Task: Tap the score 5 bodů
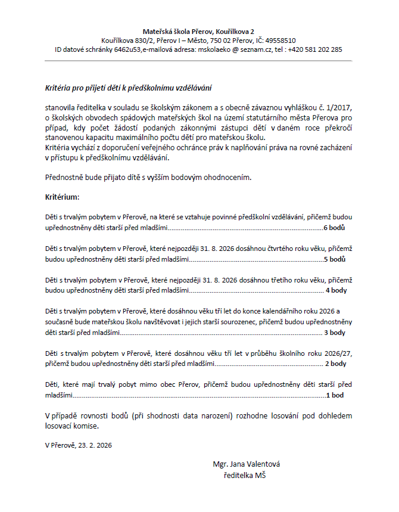pyautogui.click(x=335, y=259)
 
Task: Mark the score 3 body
pyautogui.click(x=335, y=332)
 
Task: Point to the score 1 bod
pyautogui.click(x=336, y=395)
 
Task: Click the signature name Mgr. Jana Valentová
pyautogui.click(x=246, y=464)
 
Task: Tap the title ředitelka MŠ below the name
pyautogui.click(x=245, y=475)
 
